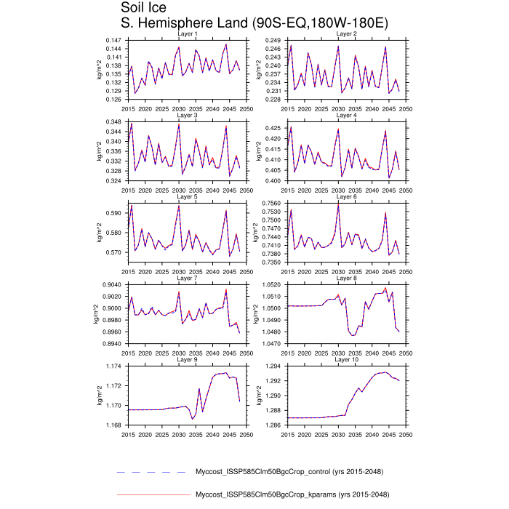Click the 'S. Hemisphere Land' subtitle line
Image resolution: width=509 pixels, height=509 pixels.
pos(254,23)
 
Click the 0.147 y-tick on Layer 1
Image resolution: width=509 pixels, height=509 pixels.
pos(113,39)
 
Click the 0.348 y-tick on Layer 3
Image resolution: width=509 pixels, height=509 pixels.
pos(113,121)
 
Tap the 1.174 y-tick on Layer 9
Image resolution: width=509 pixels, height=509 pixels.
pos(113,366)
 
